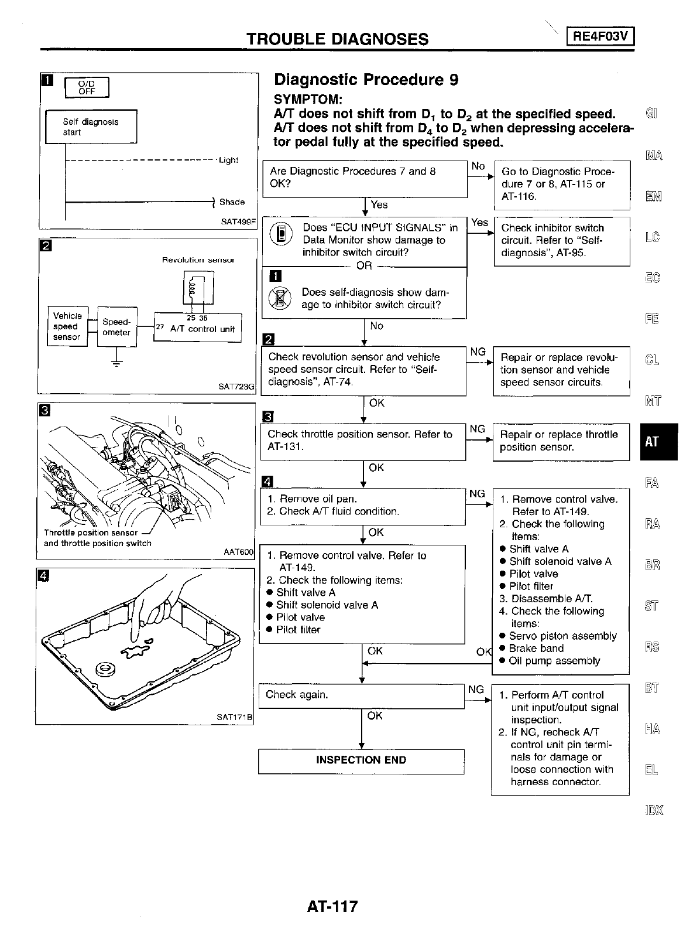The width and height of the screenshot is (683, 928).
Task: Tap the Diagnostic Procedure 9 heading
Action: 366,80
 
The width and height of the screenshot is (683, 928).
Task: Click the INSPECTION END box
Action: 361,760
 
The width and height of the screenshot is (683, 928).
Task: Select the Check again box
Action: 361,695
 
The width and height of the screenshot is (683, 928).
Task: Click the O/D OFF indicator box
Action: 87,87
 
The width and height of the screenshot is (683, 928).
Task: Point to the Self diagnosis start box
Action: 91,127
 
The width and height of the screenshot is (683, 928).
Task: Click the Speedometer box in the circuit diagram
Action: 116,327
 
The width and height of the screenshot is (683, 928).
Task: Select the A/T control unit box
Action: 197,329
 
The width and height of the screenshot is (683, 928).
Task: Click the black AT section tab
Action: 651,442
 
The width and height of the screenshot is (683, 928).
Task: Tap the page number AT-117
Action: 331,907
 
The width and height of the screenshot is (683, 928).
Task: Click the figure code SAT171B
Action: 234,717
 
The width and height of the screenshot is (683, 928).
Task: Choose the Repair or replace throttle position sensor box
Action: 560,441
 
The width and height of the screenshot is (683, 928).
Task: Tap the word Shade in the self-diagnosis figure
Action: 232,202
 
